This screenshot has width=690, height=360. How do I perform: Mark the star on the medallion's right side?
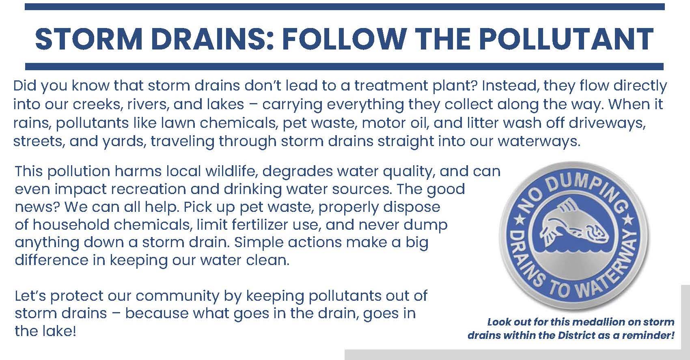[628, 220]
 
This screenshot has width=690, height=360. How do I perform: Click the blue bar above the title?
[345, 7]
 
